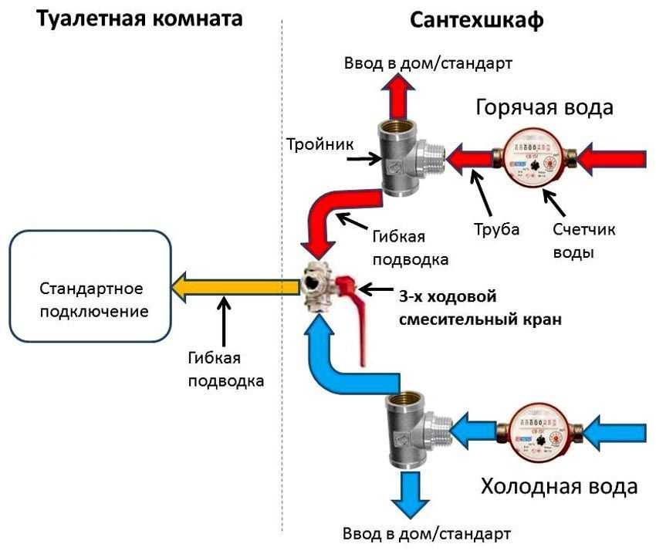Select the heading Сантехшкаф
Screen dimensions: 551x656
pos(475,19)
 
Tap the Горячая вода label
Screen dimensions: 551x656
pos(544,106)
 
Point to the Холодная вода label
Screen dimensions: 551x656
pos(560,487)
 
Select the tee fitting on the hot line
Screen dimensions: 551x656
pos(406,157)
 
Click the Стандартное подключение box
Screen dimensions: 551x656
pos(90,300)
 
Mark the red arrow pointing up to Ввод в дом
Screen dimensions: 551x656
pos(401,96)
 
